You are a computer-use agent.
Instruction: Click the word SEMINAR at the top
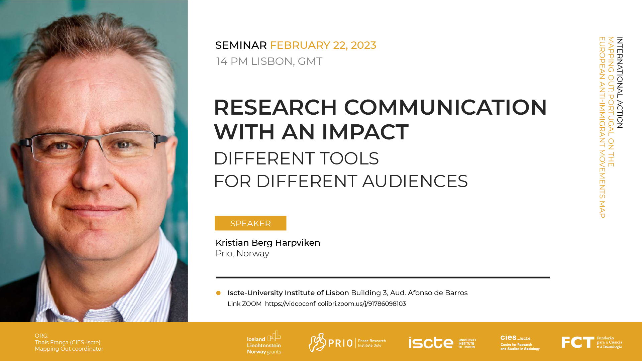[x=241, y=45]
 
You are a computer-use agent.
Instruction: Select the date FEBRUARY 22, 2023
[x=323, y=45]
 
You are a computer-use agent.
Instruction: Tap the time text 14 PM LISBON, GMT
[x=269, y=62]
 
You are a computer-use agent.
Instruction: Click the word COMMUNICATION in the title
[x=445, y=107]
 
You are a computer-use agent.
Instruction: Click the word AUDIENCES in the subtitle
[x=415, y=181]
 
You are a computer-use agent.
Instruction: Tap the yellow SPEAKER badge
[x=250, y=223]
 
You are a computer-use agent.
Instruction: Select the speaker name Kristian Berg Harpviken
[x=268, y=243]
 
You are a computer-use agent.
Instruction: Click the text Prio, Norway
[x=242, y=254]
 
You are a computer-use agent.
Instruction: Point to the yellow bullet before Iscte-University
[x=218, y=293]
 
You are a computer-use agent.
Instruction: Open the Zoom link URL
[x=335, y=304]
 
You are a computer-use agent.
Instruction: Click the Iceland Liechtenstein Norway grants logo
[x=264, y=343]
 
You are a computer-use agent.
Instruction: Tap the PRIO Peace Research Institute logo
[x=347, y=343]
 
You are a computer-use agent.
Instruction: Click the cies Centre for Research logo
[x=520, y=343]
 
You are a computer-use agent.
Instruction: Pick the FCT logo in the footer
[x=592, y=343]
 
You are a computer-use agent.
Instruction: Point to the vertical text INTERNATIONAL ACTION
[x=620, y=83]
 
